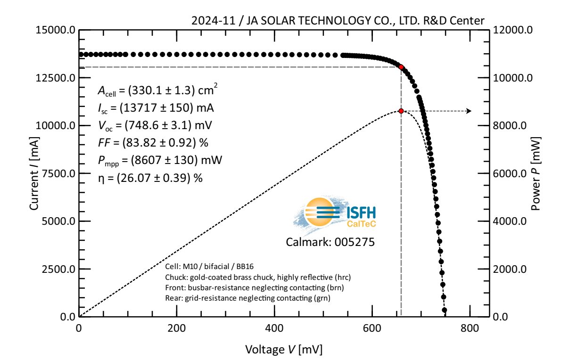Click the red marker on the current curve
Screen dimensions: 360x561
pyautogui.click(x=401, y=67)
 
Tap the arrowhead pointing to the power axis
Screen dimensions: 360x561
pyautogui.click(x=468, y=111)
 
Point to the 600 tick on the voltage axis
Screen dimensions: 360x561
pyautogui.click(x=372, y=328)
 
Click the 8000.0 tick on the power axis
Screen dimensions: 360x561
pyautogui.click(x=512, y=126)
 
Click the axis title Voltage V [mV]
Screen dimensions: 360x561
pyautogui.click(x=284, y=349)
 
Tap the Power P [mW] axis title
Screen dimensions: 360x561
pyautogui.click(x=536, y=173)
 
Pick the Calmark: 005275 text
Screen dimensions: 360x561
pyautogui.click(x=330, y=242)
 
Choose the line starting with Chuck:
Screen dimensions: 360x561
pyautogui.click(x=257, y=277)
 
